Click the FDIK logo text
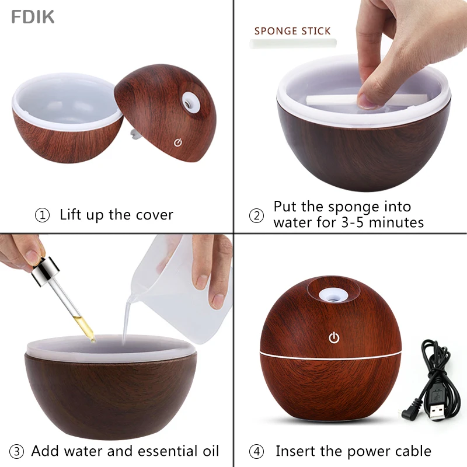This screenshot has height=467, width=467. coord(33,17)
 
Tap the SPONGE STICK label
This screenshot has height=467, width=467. coord(292,31)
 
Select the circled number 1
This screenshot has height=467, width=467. coord(43,215)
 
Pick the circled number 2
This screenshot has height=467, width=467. coord(257,215)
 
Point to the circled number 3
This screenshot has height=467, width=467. coord(18,451)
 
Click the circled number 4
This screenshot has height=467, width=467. coord(257,451)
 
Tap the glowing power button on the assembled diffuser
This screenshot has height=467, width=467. coord(334,337)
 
